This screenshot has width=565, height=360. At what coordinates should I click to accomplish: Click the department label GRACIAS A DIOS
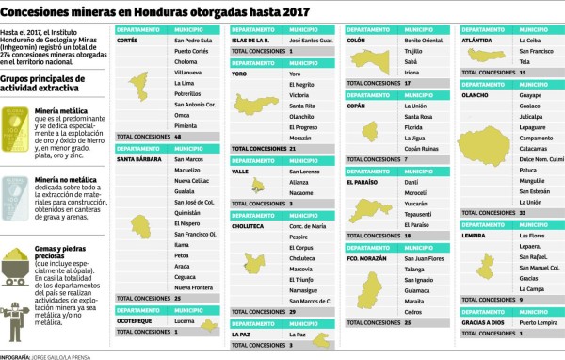pyautogui.click(x=486, y=322)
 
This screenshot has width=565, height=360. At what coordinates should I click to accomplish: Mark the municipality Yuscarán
pyautogui.click(x=416, y=203)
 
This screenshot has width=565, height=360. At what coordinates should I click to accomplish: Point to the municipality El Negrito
pyautogui.click(x=301, y=84)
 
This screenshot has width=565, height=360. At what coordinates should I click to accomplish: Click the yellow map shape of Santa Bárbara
pyautogui.click(x=141, y=223)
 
